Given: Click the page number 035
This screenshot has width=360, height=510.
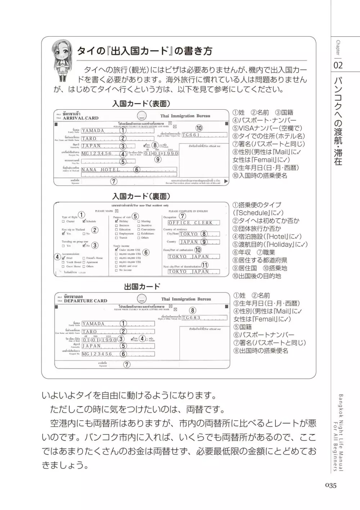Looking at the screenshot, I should [x=330, y=485].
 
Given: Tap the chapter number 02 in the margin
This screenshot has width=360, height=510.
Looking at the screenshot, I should [x=338, y=65].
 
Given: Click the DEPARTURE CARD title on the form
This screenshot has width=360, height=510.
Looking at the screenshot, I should [x=85, y=301].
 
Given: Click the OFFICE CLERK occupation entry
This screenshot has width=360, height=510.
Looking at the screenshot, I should [x=190, y=223].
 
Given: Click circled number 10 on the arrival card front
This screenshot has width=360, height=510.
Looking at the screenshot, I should [x=199, y=128].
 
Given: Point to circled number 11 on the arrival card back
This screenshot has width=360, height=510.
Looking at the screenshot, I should [x=204, y=265].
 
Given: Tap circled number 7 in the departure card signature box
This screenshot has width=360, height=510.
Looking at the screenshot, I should [x=127, y=364].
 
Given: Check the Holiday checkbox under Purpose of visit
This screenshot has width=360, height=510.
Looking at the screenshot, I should [x=116, y=222].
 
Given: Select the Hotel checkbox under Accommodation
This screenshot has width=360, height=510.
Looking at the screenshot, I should [x=63, y=258].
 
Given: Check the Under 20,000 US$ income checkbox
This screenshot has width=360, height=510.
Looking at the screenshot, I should [x=116, y=250].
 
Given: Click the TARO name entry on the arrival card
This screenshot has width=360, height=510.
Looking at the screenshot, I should [x=89, y=138].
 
